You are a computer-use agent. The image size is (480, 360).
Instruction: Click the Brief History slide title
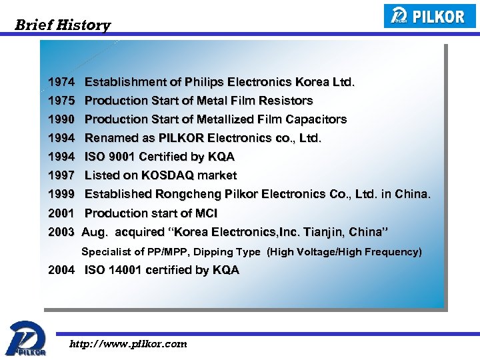(x=63, y=25)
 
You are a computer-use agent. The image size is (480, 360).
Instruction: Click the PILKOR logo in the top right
(x=430, y=16)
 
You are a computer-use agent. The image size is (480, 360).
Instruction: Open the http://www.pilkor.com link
(x=129, y=344)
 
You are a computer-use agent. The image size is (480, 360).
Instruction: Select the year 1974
(x=61, y=82)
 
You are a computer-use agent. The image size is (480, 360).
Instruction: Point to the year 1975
(x=61, y=101)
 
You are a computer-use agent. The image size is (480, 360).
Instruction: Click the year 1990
(x=61, y=119)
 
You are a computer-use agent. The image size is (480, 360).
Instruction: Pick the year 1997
(x=61, y=175)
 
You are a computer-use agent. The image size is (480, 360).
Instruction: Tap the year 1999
(x=61, y=194)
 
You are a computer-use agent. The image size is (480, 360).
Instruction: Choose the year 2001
(x=61, y=213)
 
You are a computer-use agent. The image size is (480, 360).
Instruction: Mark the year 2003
(x=61, y=232)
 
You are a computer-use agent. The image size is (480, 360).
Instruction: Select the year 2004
(x=61, y=270)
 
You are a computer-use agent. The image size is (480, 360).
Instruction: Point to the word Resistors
(x=285, y=101)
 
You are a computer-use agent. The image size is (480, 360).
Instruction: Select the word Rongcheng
(x=187, y=194)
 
